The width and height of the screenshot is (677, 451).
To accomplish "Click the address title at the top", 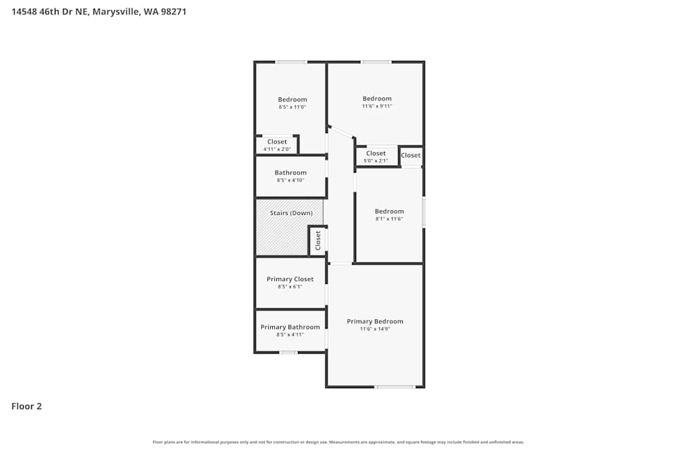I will (99, 11).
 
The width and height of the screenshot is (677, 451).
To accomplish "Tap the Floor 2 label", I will (26, 406).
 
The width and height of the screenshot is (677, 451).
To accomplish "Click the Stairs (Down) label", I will (291, 213).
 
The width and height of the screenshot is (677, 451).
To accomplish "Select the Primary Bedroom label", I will (374, 321).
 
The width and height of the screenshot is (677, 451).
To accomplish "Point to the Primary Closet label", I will (290, 279).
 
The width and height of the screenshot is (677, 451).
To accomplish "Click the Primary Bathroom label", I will (290, 327).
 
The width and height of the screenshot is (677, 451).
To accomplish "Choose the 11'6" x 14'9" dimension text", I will (374, 329).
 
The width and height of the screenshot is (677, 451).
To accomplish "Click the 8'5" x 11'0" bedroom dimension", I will (292, 107).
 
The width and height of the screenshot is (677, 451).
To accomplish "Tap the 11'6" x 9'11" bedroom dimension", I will (376, 106).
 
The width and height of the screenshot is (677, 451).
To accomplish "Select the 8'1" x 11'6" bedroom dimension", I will (389, 219).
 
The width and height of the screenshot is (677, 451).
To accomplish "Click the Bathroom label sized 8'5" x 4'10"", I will (290, 172).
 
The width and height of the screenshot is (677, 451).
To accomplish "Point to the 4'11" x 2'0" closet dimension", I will (277, 149).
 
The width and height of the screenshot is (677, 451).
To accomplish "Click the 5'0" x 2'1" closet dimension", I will (376, 161).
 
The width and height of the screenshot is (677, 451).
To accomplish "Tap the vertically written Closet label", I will (318, 240).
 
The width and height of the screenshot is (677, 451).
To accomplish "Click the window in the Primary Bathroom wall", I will (288, 352).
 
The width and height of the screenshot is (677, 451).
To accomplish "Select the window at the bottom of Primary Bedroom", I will (395, 387).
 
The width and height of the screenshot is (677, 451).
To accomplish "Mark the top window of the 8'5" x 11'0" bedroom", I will (291, 62).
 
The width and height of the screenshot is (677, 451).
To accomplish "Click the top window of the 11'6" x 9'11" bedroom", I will (376, 62).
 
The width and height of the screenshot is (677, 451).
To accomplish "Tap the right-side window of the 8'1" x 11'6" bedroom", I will (424, 212).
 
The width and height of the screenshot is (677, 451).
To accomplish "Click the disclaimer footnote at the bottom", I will (338, 442).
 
